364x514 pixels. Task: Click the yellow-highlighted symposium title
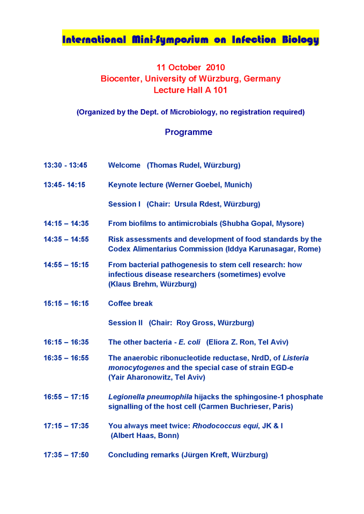[190, 40]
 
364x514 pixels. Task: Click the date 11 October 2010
[190, 67]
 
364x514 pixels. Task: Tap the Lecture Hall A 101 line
[190, 90]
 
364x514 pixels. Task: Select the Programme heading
[188, 132]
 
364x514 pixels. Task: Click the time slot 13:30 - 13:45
[65, 165]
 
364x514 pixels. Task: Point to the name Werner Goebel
[193, 185]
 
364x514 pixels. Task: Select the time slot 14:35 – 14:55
[66, 239]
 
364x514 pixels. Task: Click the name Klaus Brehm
[132, 284]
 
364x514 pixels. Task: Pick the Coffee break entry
[130, 303]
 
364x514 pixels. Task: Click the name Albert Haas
[135, 435]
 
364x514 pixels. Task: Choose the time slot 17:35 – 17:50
[66, 455]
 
